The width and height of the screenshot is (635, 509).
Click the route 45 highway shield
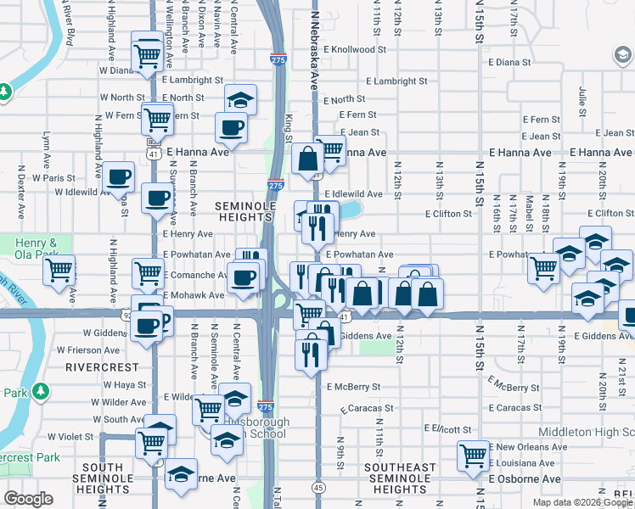coord(317,488)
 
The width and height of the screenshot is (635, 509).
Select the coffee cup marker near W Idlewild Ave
coord(118,177)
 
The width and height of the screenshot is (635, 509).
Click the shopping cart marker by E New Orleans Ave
coord(473,456)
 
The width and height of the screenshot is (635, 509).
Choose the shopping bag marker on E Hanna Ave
coord(306,157)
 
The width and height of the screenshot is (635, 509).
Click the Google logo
coord(28,499)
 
